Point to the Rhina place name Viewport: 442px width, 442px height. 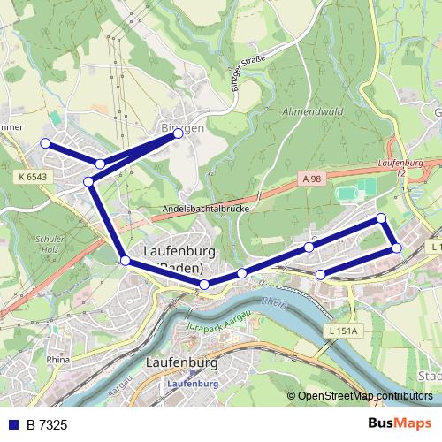click(x=57, y=360)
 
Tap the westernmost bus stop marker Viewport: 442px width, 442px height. click(x=45, y=143)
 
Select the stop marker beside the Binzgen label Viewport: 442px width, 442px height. click(x=179, y=133)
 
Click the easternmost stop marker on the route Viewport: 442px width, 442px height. click(x=397, y=248)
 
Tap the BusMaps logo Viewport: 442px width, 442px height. click(x=400, y=424)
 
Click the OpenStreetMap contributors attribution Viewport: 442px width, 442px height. click(x=364, y=396)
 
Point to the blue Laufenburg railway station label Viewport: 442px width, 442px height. click(x=193, y=385)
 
